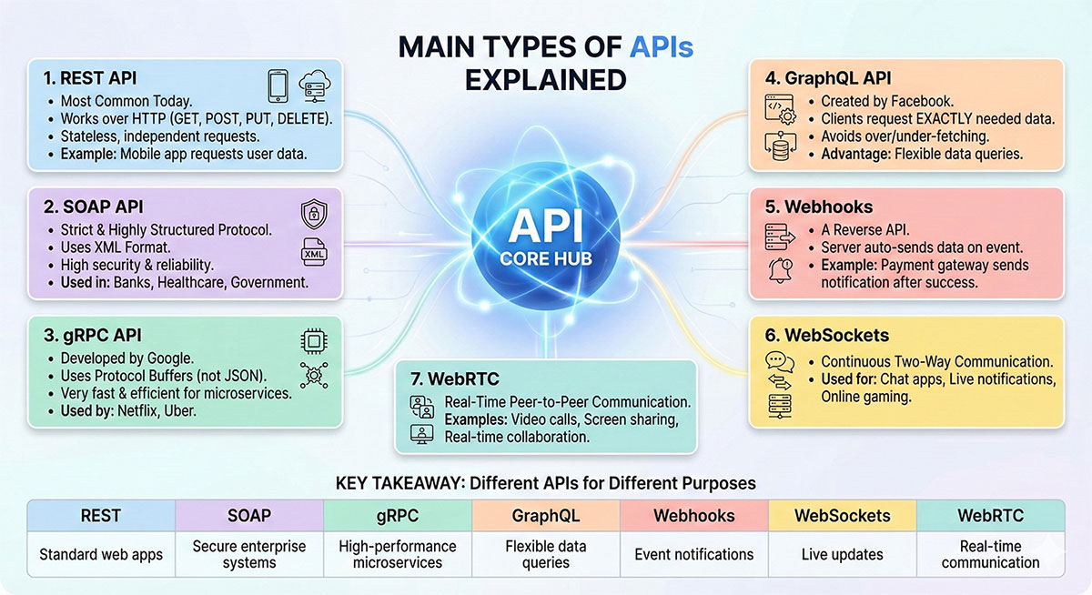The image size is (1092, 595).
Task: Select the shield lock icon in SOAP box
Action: pyautogui.click(x=313, y=215)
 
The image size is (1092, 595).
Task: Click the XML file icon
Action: pyautogui.click(x=313, y=253)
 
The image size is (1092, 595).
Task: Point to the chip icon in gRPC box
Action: pyautogui.click(x=313, y=341)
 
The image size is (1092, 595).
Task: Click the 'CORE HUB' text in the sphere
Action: pyautogui.click(x=545, y=258)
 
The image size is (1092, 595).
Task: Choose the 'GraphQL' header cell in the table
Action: pyautogui.click(x=546, y=516)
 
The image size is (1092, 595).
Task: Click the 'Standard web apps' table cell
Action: pyautogui.click(x=101, y=554)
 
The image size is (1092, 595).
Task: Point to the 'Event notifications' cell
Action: pyautogui.click(x=694, y=554)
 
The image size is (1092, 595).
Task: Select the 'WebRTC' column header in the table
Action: pyautogui.click(x=990, y=516)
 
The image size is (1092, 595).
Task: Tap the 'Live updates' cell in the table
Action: pyautogui.click(x=843, y=554)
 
